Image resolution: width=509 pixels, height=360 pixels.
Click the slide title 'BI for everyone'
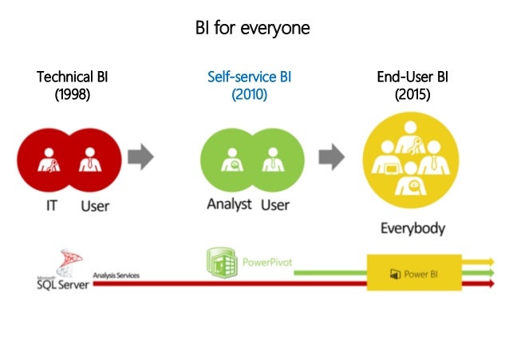253,28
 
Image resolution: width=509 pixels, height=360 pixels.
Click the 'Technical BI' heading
73,77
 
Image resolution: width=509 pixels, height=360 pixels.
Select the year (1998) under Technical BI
73,94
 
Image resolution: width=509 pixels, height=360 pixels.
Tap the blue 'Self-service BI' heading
249,77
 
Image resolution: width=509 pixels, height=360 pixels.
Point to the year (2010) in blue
249,94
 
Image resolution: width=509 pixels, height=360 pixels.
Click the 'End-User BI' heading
412,77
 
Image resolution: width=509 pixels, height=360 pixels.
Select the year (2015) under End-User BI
412,94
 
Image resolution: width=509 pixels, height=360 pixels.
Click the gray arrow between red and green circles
140,156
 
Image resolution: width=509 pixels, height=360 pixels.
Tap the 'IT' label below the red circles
49,206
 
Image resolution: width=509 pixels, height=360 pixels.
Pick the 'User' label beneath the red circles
95,206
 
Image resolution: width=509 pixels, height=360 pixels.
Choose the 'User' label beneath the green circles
275,204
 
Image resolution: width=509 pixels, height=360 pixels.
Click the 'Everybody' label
412,228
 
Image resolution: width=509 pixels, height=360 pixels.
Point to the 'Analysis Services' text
116,275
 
